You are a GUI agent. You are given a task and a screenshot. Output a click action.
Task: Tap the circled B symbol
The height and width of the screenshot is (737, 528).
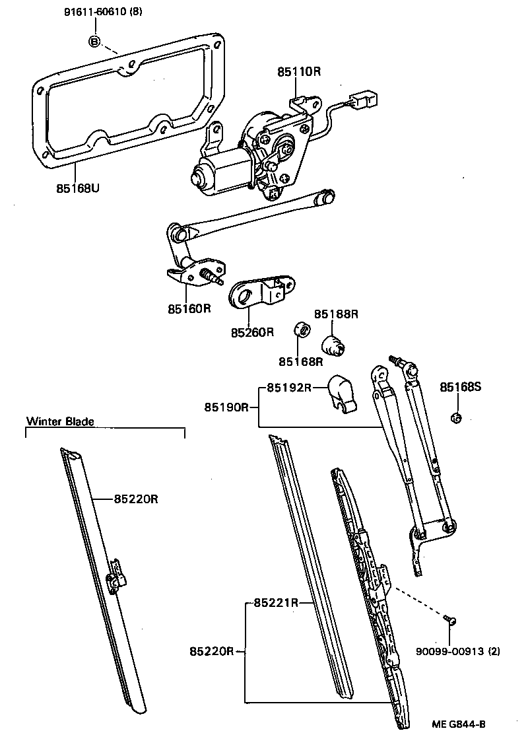(x=94, y=42)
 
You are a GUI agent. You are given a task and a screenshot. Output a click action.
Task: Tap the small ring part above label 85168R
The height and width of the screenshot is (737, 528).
(x=301, y=329)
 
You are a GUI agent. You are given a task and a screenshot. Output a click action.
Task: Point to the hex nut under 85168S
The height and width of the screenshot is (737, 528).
(x=456, y=418)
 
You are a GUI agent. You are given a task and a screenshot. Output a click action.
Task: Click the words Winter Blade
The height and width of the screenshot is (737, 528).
(x=60, y=421)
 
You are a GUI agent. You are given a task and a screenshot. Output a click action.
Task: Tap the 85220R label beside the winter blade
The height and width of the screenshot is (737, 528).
(x=135, y=499)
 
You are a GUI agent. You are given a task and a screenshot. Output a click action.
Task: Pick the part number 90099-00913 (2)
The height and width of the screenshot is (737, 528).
(x=457, y=652)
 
